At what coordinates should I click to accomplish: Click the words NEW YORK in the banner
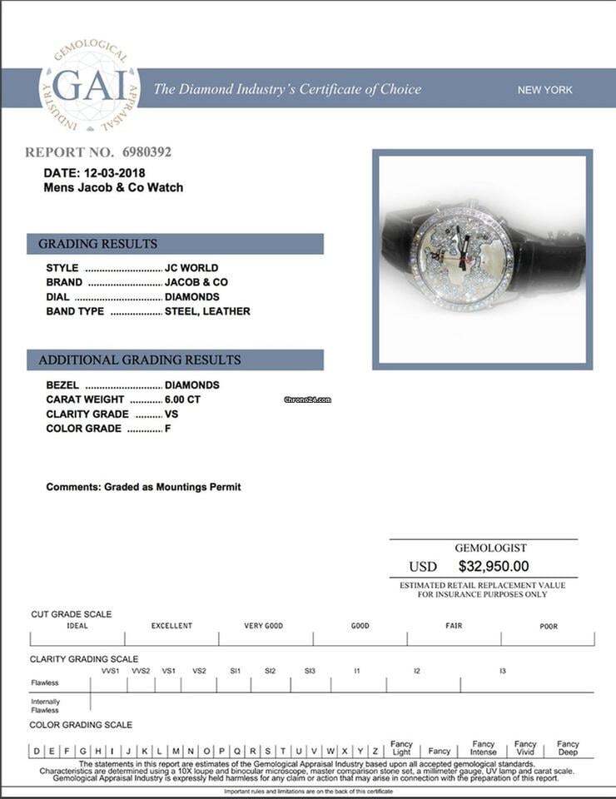pos(545,90)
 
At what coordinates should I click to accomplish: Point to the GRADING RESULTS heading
pos(98,244)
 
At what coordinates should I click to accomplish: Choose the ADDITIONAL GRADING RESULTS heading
pos(140,360)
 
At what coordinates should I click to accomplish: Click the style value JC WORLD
pos(191,268)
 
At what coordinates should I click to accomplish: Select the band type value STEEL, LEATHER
pos(207,311)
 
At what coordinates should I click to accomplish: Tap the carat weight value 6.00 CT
pos(183,399)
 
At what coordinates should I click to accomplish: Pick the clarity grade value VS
pos(171,414)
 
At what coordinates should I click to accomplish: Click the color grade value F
pos(168,429)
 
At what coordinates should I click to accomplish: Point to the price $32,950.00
pos(494,566)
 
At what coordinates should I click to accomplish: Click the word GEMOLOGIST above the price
pos(490,548)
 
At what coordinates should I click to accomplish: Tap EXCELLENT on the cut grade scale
pos(171,626)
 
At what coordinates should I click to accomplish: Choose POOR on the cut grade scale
pos(549,627)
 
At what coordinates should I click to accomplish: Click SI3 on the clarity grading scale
pos(310,671)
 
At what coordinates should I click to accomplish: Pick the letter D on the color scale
pos(37,751)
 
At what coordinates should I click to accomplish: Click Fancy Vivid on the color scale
pos(525,747)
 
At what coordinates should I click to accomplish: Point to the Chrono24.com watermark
pos(308,399)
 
